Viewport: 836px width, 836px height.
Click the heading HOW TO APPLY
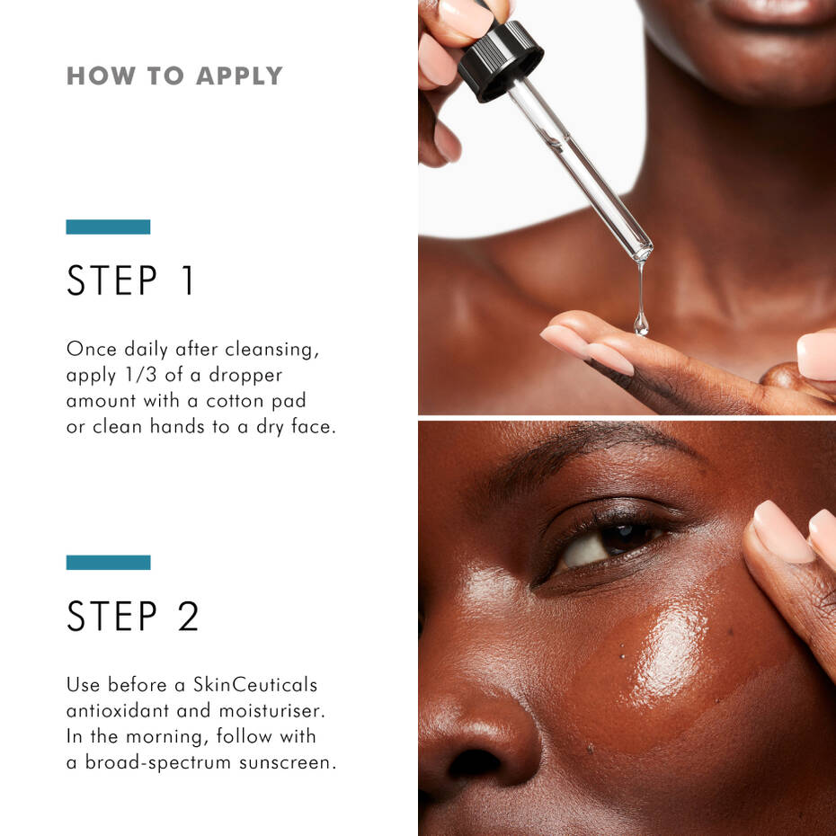click(174, 76)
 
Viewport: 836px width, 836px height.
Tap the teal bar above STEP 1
click(108, 227)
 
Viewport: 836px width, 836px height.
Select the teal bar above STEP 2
click(108, 562)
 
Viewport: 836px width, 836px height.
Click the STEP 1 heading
click(131, 280)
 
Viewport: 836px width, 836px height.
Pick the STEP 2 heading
click(133, 616)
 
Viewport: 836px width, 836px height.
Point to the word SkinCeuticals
click(255, 684)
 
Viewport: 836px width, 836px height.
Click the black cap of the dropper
click(500, 59)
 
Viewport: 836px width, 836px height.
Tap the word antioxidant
click(120, 710)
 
